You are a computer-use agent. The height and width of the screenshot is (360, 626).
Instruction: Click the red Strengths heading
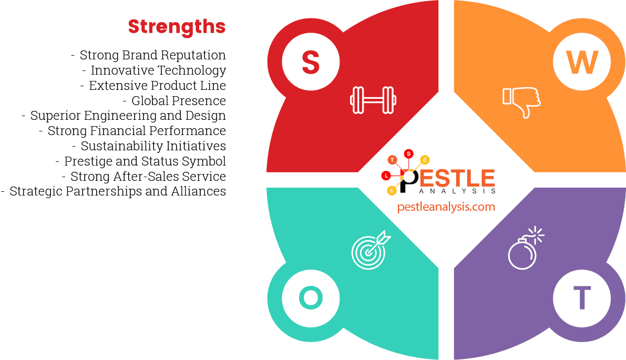click(177, 26)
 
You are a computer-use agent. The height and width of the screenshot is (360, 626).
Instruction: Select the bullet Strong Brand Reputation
click(152, 55)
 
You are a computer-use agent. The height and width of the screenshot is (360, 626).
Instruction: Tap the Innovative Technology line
click(158, 70)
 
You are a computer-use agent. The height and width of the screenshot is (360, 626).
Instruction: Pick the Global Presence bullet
click(178, 101)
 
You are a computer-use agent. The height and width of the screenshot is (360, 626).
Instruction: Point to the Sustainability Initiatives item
click(153, 146)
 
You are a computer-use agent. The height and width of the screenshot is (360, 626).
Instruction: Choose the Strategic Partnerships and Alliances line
click(117, 191)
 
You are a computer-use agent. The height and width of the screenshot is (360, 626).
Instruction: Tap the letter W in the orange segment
click(582, 63)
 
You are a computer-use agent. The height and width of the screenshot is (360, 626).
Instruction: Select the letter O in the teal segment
click(311, 298)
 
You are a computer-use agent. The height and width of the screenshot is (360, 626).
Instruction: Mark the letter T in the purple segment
click(582, 298)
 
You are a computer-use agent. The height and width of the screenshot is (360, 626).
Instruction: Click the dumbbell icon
click(373, 99)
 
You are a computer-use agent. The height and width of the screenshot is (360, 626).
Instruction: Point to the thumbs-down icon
click(521, 101)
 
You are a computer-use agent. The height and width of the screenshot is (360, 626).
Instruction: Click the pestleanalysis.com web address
click(446, 207)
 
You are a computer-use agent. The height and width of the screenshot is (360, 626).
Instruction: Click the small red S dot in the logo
click(408, 153)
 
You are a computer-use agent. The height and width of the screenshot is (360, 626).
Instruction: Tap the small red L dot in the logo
click(386, 175)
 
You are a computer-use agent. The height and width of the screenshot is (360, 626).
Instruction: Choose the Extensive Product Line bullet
click(157, 86)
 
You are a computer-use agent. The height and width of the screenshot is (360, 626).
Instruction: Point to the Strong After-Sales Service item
click(148, 177)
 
